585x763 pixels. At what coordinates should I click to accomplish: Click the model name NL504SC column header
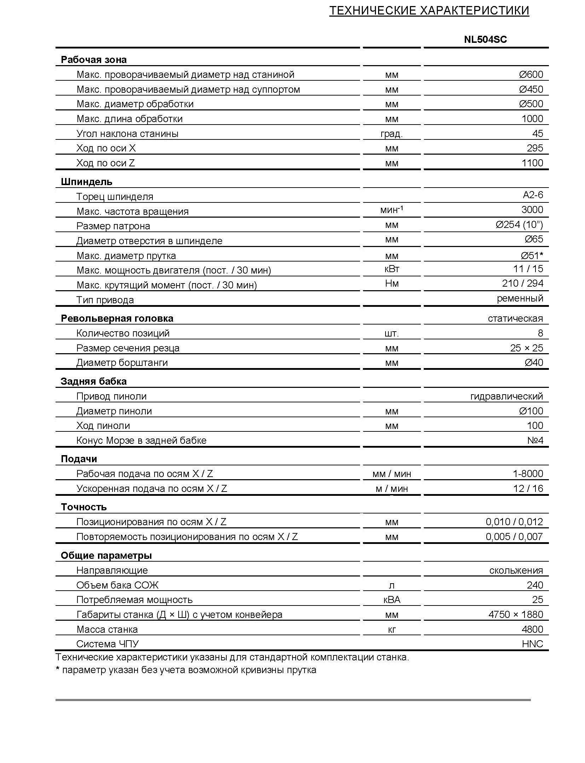click(x=485, y=39)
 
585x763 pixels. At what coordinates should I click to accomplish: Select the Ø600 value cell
click(x=531, y=74)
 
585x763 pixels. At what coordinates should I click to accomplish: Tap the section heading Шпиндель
click(x=86, y=182)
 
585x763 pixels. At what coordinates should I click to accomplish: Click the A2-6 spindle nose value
click(x=533, y=195)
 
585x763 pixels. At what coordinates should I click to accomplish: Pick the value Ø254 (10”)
click(x=519, y=224)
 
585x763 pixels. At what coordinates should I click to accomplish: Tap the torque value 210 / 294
click(x=522, y=283)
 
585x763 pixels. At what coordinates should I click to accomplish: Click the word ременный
click(x=520, y=298)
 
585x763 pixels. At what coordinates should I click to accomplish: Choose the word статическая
click(x=515, y=319)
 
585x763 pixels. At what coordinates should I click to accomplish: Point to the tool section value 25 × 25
click(x=526, y=348)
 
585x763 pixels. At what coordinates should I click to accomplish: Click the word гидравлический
click(x=506, y=396)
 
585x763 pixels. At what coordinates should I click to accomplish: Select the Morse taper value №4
click(x=535, y=440)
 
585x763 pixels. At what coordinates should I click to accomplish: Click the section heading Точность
click(x=83, y=507)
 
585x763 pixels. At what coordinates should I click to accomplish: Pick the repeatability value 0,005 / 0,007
click(x=514, y=537)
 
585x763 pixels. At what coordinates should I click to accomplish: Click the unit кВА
click(x=392, y=599)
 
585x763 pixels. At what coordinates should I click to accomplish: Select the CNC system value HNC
click(x=532, y=644)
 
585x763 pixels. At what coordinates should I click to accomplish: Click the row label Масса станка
click(x=107, y=629)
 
